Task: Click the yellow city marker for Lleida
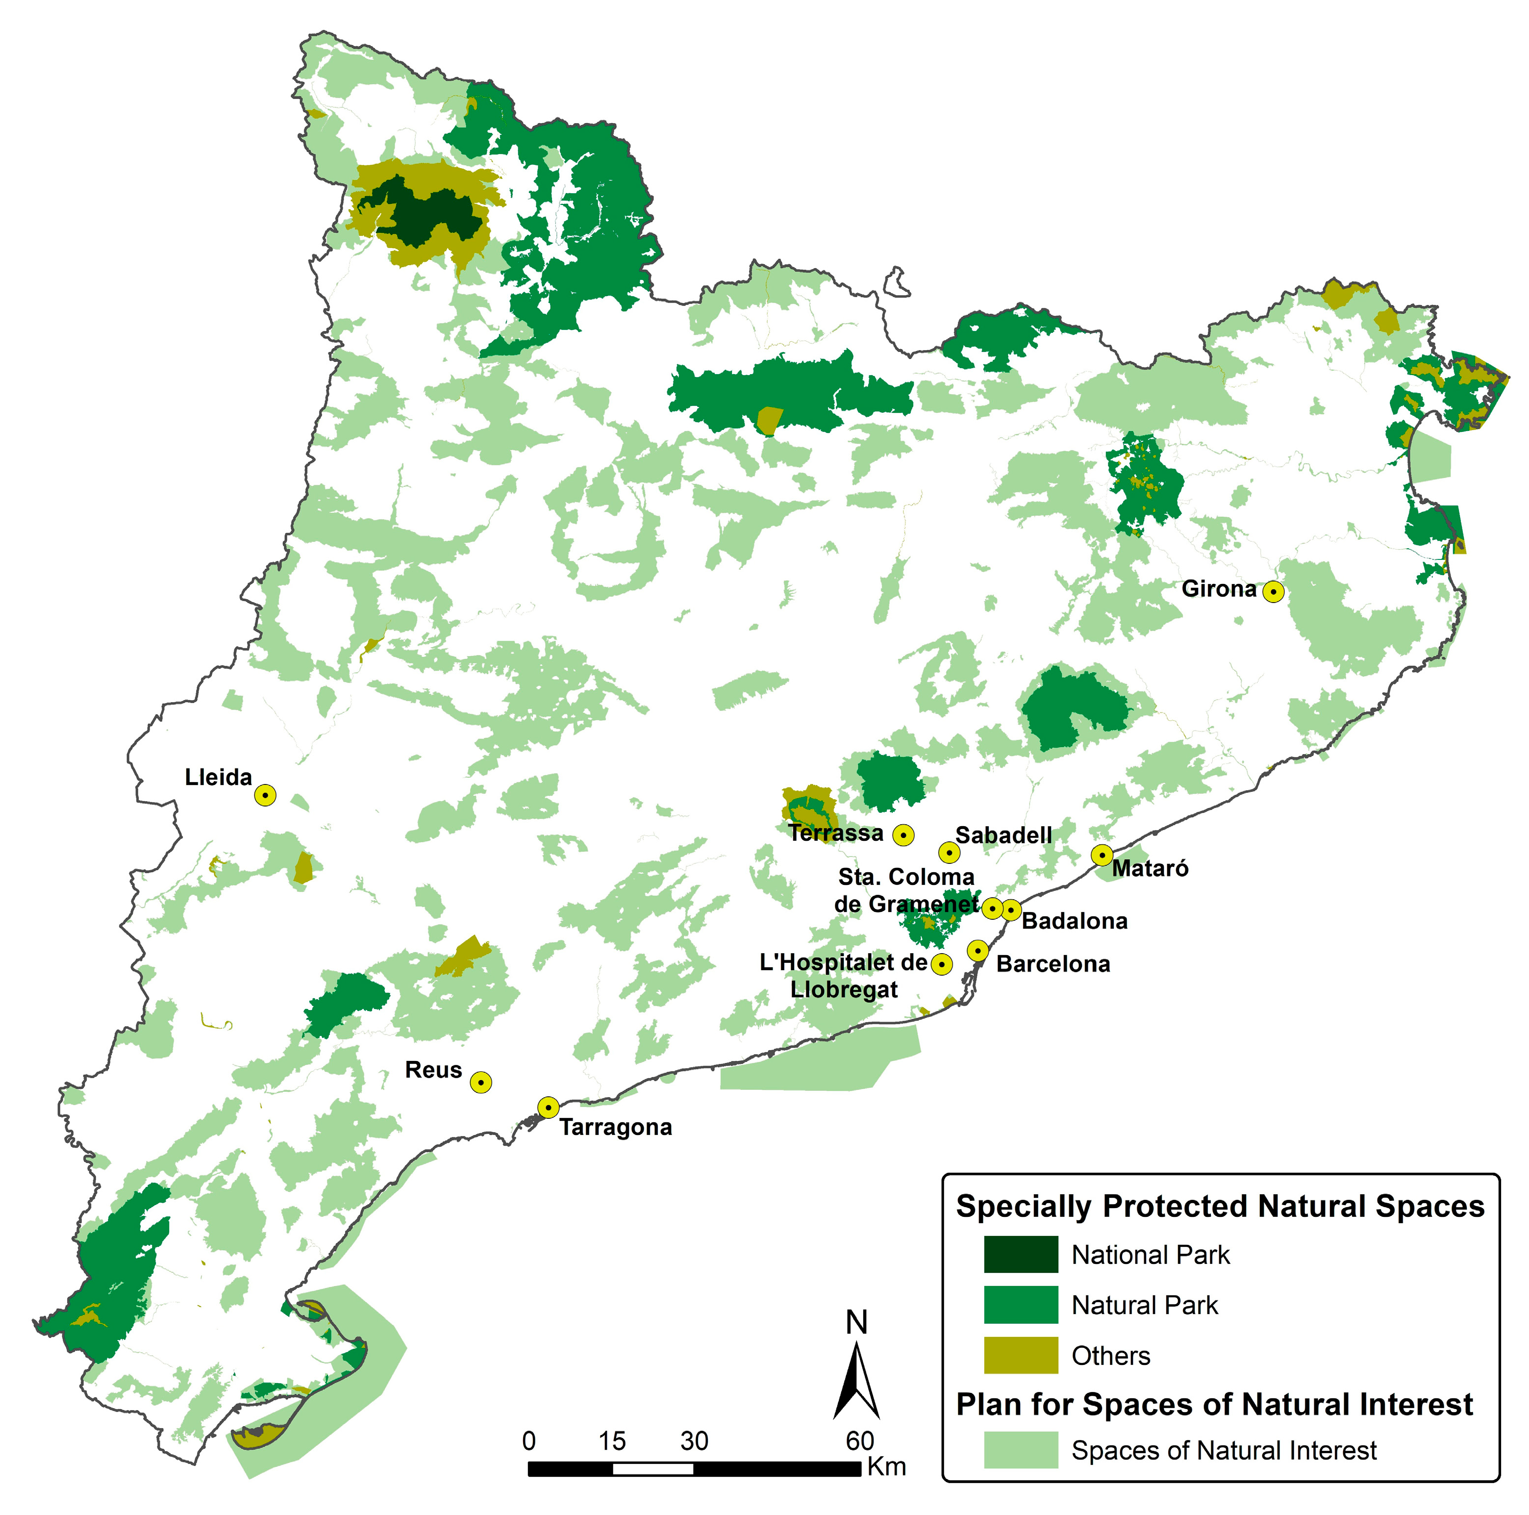click(265, 795)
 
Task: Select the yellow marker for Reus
click(480, 1082)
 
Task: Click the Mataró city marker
click(1102, 855)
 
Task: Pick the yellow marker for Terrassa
click(903, 834)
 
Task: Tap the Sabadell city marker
click(949, 853)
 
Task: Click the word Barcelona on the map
click(1053, 964)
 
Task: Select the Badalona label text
click(1074, 921)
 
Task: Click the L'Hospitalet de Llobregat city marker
click(941, 964)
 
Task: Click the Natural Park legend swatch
click(1020, 1305)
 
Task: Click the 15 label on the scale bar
click(612, 1440)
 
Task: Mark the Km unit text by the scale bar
click(886, 1467)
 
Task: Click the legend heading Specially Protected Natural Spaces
click(1220, 1206)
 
